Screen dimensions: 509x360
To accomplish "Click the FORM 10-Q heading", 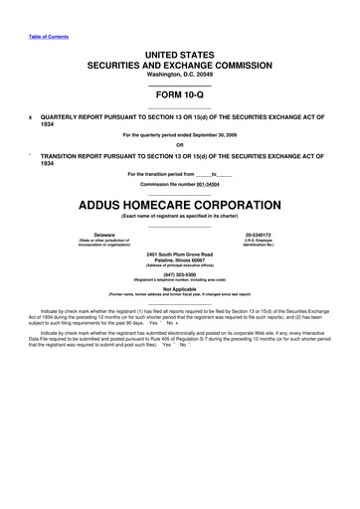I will pos(179,97).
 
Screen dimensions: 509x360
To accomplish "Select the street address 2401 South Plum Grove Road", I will pos(179,254).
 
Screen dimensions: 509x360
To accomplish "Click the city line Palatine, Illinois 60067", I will pos(179,260).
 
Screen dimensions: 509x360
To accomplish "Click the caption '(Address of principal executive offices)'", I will pos(179,267).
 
